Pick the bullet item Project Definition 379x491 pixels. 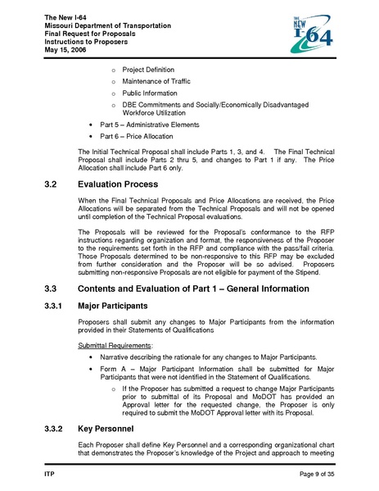tap(147, 70)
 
